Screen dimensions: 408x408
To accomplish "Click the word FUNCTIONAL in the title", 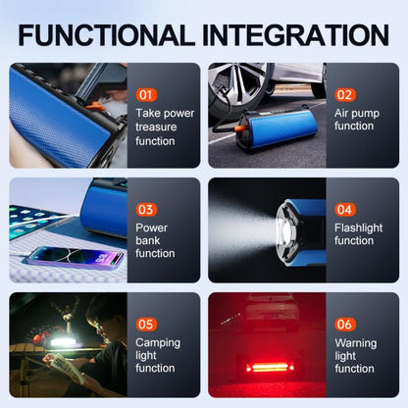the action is click(107, 34).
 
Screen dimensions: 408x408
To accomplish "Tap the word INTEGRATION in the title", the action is click(296, 34).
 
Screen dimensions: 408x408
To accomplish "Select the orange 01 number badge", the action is click(146, 95).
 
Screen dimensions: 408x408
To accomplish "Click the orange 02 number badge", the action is click(345, 95).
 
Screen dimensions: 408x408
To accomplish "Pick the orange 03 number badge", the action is click(146, 210).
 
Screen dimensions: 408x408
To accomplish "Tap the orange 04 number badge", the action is click(345, 210).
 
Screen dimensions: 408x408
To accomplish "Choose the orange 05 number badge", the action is click(146, 325).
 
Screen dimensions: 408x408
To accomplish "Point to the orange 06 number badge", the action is click(345, 325).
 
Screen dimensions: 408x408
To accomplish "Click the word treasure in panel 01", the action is click(156, 127).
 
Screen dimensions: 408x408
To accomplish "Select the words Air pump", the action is click(357, 114).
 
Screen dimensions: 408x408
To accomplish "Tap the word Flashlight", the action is click(358, 228).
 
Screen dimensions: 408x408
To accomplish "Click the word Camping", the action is click(158, 343).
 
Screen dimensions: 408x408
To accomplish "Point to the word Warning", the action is click(356, 343).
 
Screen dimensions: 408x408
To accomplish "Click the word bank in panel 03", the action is click(147, 240).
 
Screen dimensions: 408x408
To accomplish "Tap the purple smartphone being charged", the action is click(75, 256).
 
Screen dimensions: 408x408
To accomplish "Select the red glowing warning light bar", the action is click(270, 368).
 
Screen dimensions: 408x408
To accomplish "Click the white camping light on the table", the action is click(63, 342).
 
